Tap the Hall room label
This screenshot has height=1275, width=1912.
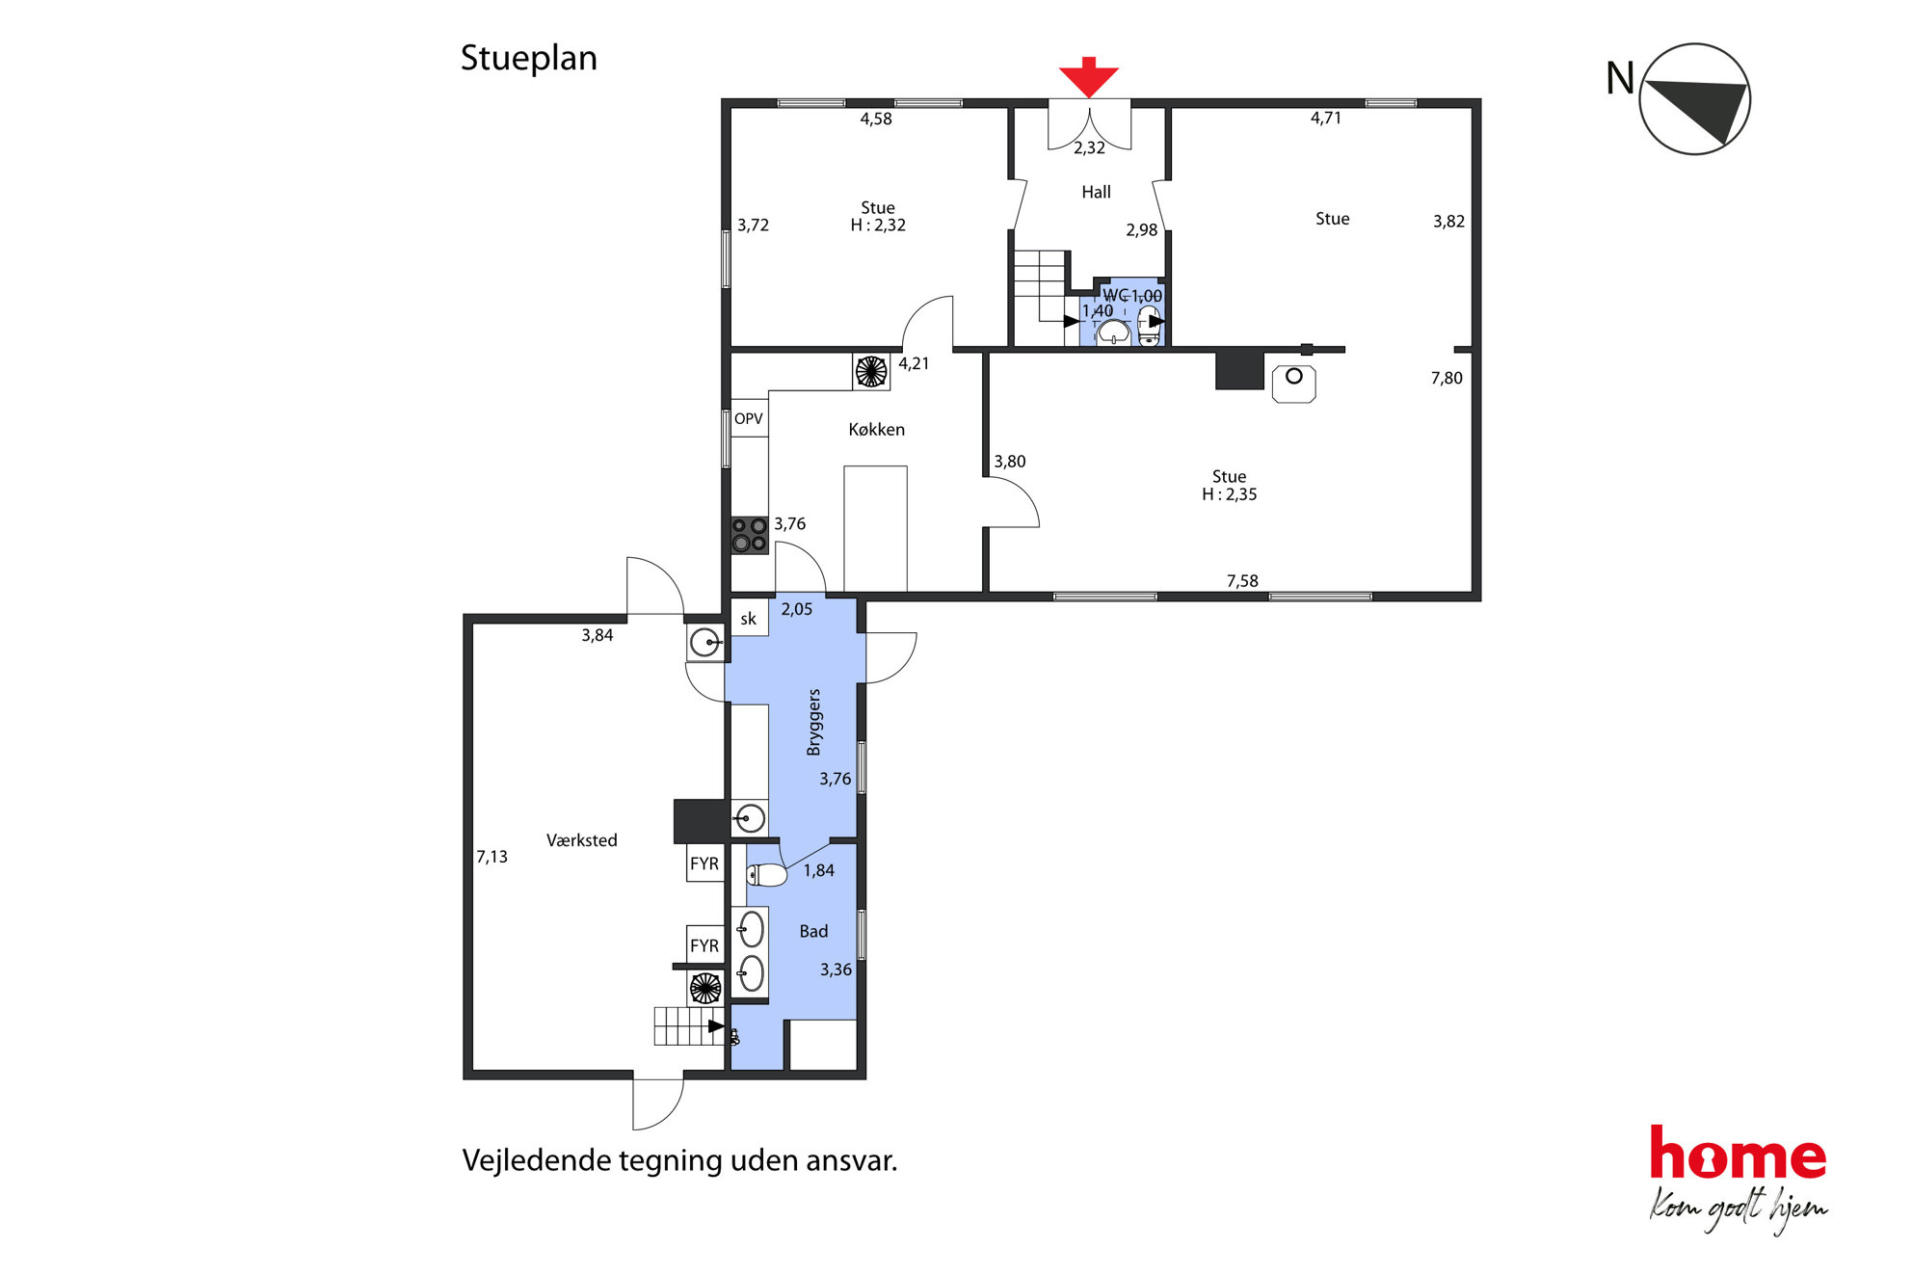pos(1096,192)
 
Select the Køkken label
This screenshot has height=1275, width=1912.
pos(876,429)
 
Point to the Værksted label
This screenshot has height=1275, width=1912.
pos(581,840)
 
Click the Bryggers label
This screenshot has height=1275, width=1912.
pos(814,722)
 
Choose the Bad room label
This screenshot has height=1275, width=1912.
pos(813,931)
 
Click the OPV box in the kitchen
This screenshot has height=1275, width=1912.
pos(749,418)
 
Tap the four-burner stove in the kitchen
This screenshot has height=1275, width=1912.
pos(750,535)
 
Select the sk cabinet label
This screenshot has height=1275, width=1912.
pos(749,619)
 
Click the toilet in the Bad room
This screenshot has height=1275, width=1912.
pos(767,874)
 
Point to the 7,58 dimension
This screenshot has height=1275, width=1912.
pos(1242,580)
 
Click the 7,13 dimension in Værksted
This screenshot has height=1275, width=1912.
pos(491,856)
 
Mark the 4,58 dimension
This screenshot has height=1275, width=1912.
pos(876,119)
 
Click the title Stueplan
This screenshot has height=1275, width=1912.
pos(529,58)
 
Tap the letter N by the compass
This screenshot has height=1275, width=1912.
pos(1620,78)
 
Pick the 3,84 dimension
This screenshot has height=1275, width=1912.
pos(597,635)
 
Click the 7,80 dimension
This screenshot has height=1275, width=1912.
pos(1447,378)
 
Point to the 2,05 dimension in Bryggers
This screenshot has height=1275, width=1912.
pos(797,609)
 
